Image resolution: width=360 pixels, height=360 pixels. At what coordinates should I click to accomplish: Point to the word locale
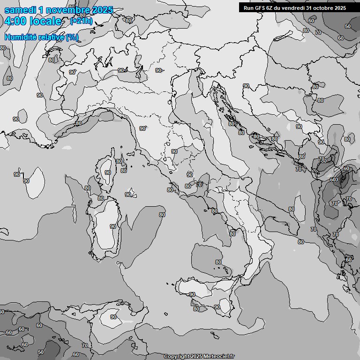(45, 21)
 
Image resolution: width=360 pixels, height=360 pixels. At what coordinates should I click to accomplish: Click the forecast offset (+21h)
(81, 21)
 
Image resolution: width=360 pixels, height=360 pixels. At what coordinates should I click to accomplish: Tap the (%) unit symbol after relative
(72, 37)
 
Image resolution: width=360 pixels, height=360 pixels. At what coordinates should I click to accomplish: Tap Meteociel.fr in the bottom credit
(219, 357)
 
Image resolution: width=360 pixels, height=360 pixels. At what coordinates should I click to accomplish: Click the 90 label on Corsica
(108, 172)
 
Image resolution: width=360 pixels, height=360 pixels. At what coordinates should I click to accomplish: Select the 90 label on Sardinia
(112, 226)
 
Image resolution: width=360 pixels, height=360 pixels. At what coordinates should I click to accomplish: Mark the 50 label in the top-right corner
(348, 26)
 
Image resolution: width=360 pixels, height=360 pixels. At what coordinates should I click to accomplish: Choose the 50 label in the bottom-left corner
(41, 352)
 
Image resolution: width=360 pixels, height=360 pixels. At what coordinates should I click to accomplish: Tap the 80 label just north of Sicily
(218, 262)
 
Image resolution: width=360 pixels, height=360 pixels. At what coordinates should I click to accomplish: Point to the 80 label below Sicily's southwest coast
(196, 309)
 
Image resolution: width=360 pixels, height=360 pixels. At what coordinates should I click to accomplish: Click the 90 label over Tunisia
(113, 317)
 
